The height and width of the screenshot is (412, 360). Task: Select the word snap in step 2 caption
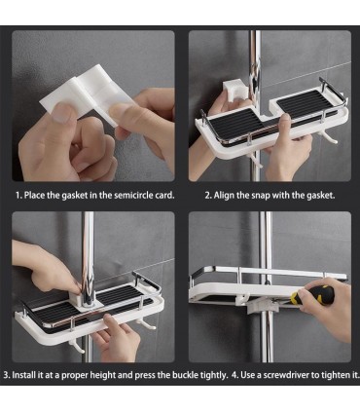pos(261,196)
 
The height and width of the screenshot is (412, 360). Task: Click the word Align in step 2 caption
pos(222,196)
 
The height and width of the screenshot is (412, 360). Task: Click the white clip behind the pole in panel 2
pos(233,91)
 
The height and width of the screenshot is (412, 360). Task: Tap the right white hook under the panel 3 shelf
pos(145,322)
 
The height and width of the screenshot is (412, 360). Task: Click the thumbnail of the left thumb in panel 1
pos(60,115)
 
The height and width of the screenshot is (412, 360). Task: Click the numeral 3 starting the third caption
pos(6,375)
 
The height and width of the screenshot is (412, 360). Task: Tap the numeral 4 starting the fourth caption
pos(234,375)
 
